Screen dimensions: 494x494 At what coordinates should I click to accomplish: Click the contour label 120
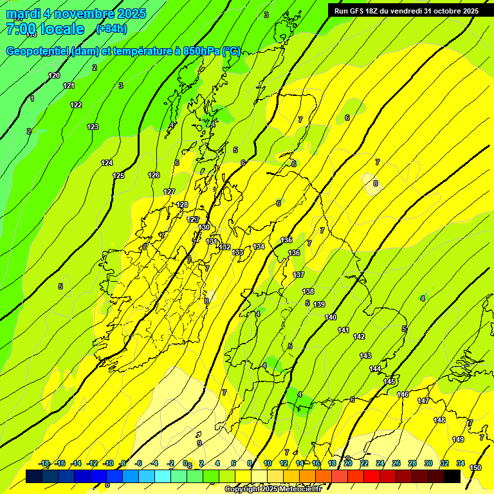pos(54,76)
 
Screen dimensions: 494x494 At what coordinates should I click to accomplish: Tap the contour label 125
pos(118,176)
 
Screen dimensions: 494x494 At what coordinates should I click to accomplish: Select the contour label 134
pos(259,246)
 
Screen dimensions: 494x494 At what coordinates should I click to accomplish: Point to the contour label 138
pos(308,291)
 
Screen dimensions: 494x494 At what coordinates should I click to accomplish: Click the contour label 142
pos(359,336)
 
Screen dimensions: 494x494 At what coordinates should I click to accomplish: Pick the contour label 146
pos(403,394)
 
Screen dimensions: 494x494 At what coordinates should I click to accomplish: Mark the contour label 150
pos(475,468)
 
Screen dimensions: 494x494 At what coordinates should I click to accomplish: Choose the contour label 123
pos(93,127)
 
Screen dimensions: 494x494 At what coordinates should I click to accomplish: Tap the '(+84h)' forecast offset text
pos(111,28)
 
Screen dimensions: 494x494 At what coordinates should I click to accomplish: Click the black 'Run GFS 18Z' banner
pos(406,11)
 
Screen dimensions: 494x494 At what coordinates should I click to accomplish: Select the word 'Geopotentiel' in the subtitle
pos(38,51)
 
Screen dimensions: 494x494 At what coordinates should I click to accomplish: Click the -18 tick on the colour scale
pos(44,463)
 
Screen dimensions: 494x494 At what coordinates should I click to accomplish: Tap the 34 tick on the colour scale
pos(461,463)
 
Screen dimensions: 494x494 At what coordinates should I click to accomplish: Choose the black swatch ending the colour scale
pos(452,476)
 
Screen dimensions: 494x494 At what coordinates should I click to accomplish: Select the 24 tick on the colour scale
pos(380,463)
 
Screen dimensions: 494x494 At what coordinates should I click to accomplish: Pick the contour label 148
pos(439,420)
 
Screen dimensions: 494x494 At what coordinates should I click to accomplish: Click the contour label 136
pos(294,253)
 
